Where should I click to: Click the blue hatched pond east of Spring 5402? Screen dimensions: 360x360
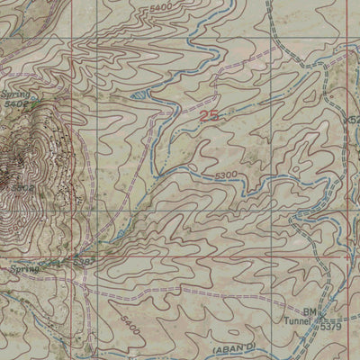click(138, 94)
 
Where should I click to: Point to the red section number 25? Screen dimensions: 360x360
click(210, 115)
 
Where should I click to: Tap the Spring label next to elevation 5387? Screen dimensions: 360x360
click(28, 266)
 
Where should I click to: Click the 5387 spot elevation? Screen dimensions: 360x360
click(88, 260)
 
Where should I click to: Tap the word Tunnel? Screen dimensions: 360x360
click(301, 323)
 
